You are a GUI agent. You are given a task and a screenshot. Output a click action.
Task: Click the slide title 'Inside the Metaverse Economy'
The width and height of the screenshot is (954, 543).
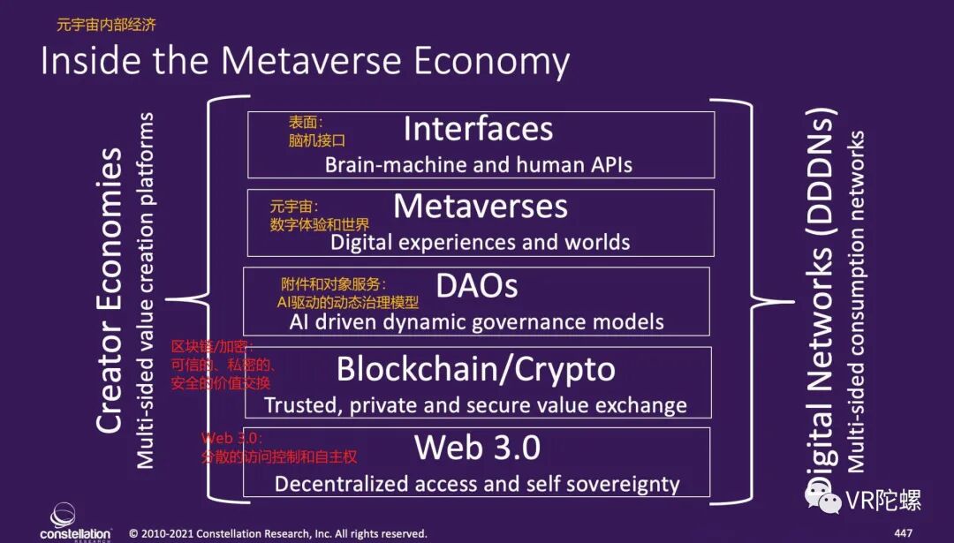click(305, 62)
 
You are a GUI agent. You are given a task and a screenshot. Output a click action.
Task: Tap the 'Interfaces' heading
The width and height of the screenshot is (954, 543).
click(478, 130)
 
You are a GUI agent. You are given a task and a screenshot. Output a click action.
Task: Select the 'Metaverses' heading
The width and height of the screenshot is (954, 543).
click(481, 207)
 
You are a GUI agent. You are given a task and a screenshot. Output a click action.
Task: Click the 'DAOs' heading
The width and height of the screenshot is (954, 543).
click(476, 285)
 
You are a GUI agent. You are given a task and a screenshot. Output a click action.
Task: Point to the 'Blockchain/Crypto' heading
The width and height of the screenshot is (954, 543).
click(475, 369)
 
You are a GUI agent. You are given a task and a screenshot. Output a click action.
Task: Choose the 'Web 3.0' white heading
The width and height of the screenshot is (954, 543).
click(477, 448)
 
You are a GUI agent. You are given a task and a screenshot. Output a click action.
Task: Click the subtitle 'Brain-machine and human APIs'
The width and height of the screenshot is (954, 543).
click(478, 164)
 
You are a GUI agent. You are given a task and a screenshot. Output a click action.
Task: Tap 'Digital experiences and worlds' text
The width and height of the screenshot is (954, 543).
click(480, 242)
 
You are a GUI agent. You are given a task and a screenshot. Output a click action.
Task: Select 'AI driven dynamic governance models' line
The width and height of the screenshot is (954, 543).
click(476, 321)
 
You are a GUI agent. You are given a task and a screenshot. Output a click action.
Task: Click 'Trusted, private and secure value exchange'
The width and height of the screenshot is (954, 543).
click(475, 406)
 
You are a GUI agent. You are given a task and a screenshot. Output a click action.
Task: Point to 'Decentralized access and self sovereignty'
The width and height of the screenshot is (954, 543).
click(477, 485)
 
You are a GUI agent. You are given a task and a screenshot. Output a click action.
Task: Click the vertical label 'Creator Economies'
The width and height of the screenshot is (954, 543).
click(109, 291)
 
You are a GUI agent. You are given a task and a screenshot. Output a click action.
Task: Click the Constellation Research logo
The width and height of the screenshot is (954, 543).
click(64, 522)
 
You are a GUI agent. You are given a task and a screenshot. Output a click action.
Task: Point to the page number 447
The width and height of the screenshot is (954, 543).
click(903, 533)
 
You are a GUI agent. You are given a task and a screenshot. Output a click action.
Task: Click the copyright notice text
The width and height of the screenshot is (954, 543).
click(278, 533)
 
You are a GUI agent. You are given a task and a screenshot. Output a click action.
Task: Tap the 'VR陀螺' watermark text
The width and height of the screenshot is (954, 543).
click(882, 501)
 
